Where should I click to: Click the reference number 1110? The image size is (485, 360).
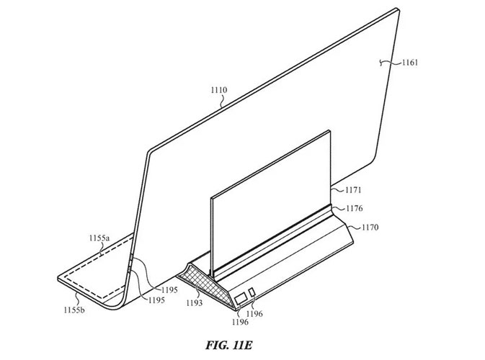(x=218, y=91)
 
